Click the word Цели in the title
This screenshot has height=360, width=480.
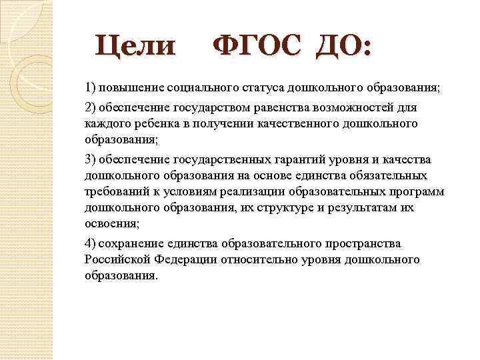tap(136, 47)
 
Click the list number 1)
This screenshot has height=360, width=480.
tap(91, 88)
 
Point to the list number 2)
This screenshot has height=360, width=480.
tap(91, 108)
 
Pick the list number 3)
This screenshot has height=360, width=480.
tap(91, 159)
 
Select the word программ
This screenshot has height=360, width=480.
tap(419, 192)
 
